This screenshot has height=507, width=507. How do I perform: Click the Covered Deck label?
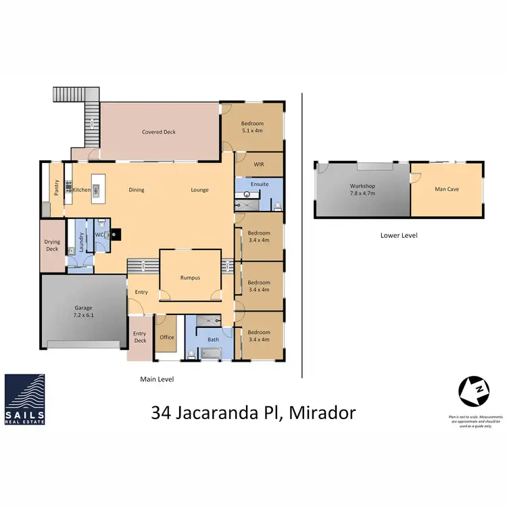[x=159, y=132]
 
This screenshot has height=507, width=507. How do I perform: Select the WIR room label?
[x=258, y=164]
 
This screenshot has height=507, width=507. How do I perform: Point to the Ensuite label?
[x=260, y=184]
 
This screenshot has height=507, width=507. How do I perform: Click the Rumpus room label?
[x=190, y=277]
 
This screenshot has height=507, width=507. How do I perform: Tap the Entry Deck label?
[x=139, y=337]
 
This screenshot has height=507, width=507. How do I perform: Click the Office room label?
[x=166, y=337]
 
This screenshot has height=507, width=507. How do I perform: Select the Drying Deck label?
[x=52, y=245]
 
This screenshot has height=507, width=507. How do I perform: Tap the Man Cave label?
[x=447, y=189]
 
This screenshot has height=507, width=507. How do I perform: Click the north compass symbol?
[x=473, y=390]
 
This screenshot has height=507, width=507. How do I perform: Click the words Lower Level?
[x=399, y=236]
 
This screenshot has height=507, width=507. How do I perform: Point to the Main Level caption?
[x=156, y=379]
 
